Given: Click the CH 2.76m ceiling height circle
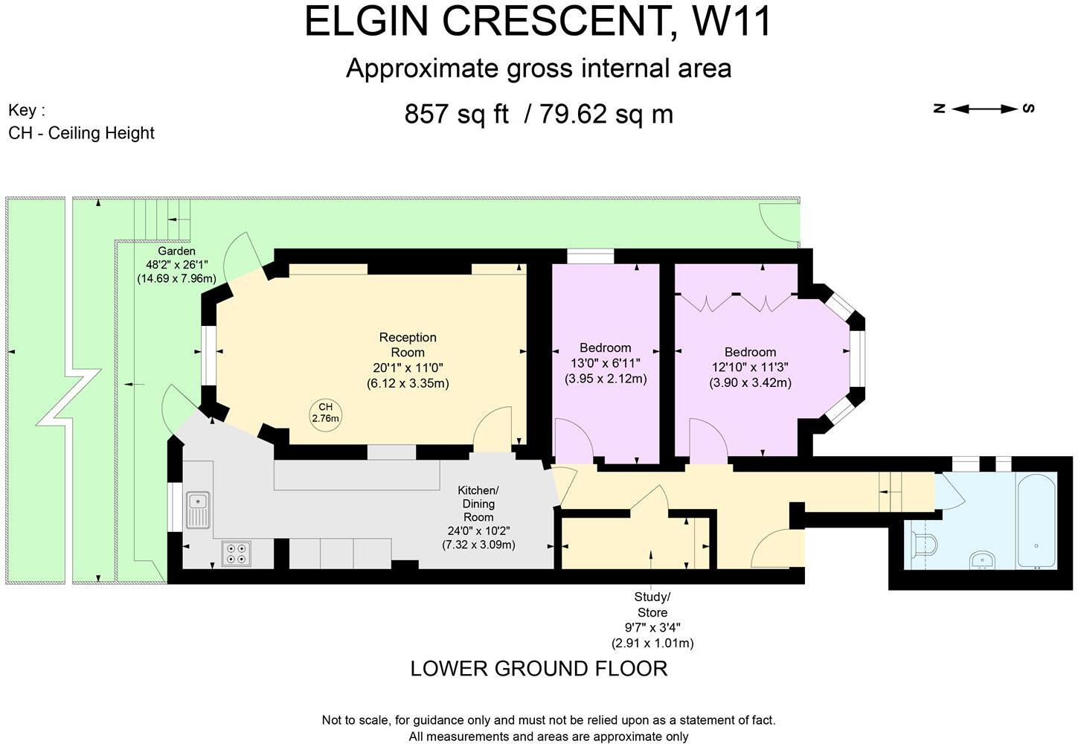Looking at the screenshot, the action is point(325,414).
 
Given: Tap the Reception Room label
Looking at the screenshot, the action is point(408,344).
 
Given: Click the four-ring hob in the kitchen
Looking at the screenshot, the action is point(237,553).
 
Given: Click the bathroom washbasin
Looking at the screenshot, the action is point(982,560).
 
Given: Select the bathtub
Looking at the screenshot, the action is point(1036,521).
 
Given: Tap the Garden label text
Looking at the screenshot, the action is point(176,251).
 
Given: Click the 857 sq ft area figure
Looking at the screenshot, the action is point(456,114).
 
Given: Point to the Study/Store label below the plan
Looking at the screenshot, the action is point(652,604).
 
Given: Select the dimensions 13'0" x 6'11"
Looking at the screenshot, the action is point(606,363).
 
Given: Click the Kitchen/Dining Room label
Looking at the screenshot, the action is point(478,504).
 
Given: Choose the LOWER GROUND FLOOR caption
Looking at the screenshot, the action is point(539,668).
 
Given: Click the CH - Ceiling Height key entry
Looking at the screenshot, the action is point(81,133).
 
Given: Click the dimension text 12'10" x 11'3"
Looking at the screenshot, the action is point(750,368).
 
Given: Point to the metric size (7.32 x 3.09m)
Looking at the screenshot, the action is point(478,545).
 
